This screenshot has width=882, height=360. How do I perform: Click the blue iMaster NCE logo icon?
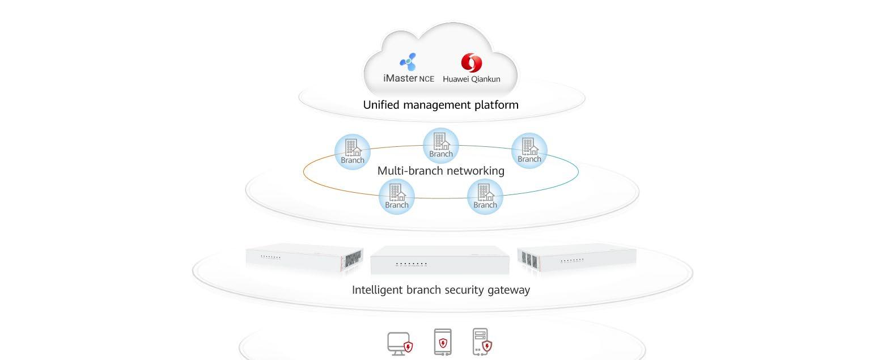pos(408,62)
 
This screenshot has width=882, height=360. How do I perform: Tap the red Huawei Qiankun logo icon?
pos(471,63)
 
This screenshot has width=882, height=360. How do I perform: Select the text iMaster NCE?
pos(409,78)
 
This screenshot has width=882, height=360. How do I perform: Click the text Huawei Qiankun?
pos(472,79)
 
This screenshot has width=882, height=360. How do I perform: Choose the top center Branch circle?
pos(441,145)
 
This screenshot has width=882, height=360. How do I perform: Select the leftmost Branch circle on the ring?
pos(353,151)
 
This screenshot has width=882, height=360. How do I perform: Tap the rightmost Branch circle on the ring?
pos(529,150)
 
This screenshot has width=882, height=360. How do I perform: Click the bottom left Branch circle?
pos(397,197)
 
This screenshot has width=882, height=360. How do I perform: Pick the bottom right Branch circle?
pos(485,197)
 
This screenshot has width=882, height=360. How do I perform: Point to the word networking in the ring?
pos(474,171)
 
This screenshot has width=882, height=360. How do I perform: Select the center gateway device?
pos(440,261)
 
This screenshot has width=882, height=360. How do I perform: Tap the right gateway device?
pos(576,258)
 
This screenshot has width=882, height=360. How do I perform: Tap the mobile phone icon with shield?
pos(443,342)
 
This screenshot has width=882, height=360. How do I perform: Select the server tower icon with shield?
pos(481,342)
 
